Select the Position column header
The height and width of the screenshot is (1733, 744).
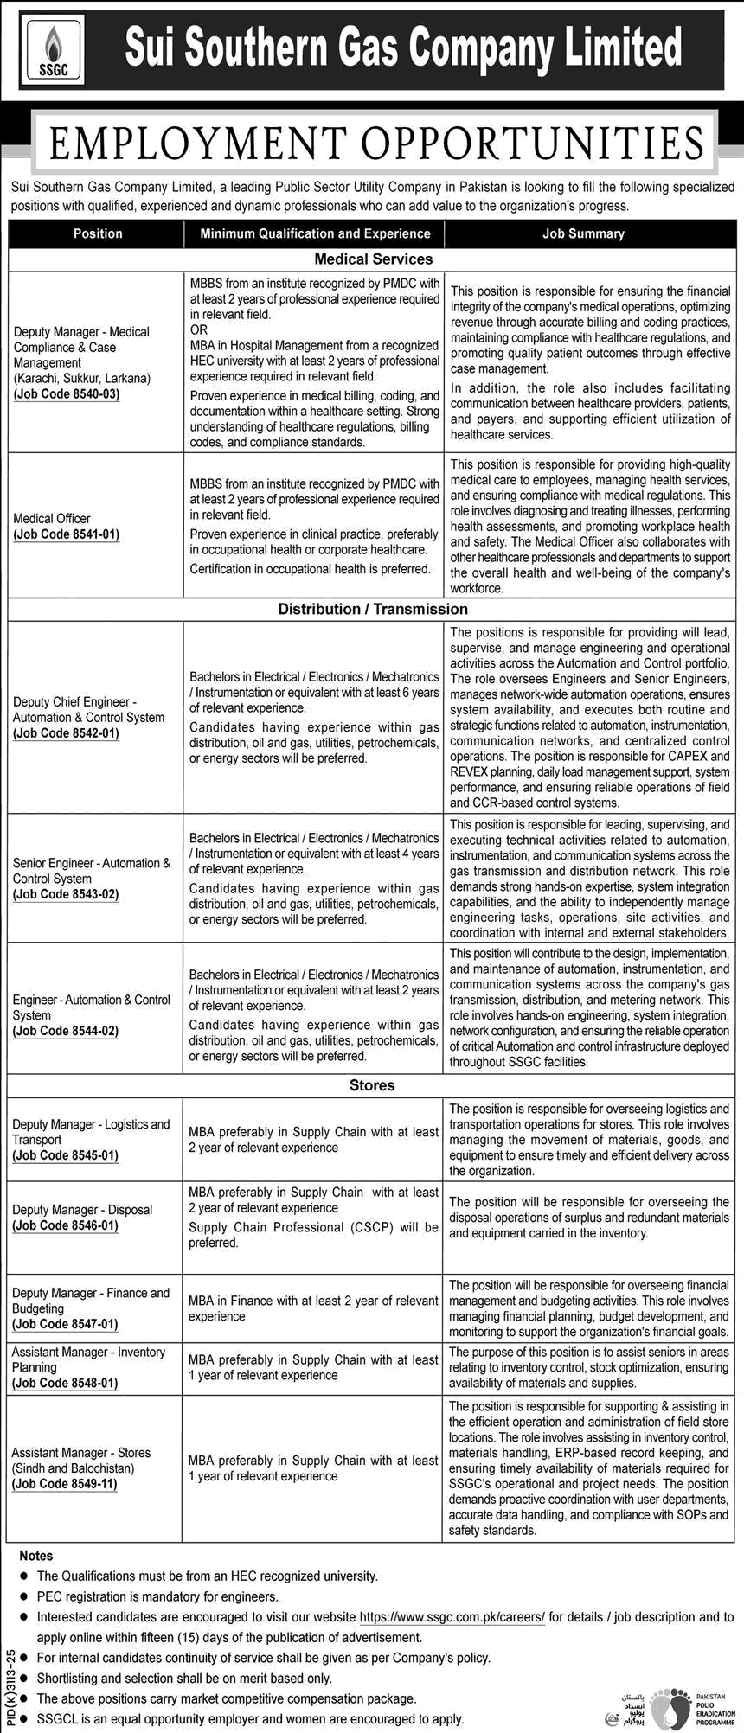(98, 233)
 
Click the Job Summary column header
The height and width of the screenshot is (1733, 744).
(583, 233)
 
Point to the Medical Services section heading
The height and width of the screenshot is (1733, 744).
(373, 259)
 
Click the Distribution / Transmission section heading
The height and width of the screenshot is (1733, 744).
(373, 609)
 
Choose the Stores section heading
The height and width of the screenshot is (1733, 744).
(372, 1085)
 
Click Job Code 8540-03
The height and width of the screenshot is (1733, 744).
(67, 394)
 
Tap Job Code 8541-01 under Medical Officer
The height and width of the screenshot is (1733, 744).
(67, 534)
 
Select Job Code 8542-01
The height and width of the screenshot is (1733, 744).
(67, 733)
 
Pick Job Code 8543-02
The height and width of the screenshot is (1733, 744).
(67, 894)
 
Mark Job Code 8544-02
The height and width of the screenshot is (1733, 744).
(67, 1031)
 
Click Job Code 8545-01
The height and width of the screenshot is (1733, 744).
(67, 1155)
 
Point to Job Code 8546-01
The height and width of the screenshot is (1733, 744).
(67, 1225)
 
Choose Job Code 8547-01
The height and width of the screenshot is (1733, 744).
(67, 1324)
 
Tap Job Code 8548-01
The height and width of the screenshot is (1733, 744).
(67, 1383)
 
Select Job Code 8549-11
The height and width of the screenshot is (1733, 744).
(67, 1484)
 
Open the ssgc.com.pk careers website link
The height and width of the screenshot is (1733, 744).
(452, 1617)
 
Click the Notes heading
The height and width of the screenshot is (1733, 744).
(35, 1556)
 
